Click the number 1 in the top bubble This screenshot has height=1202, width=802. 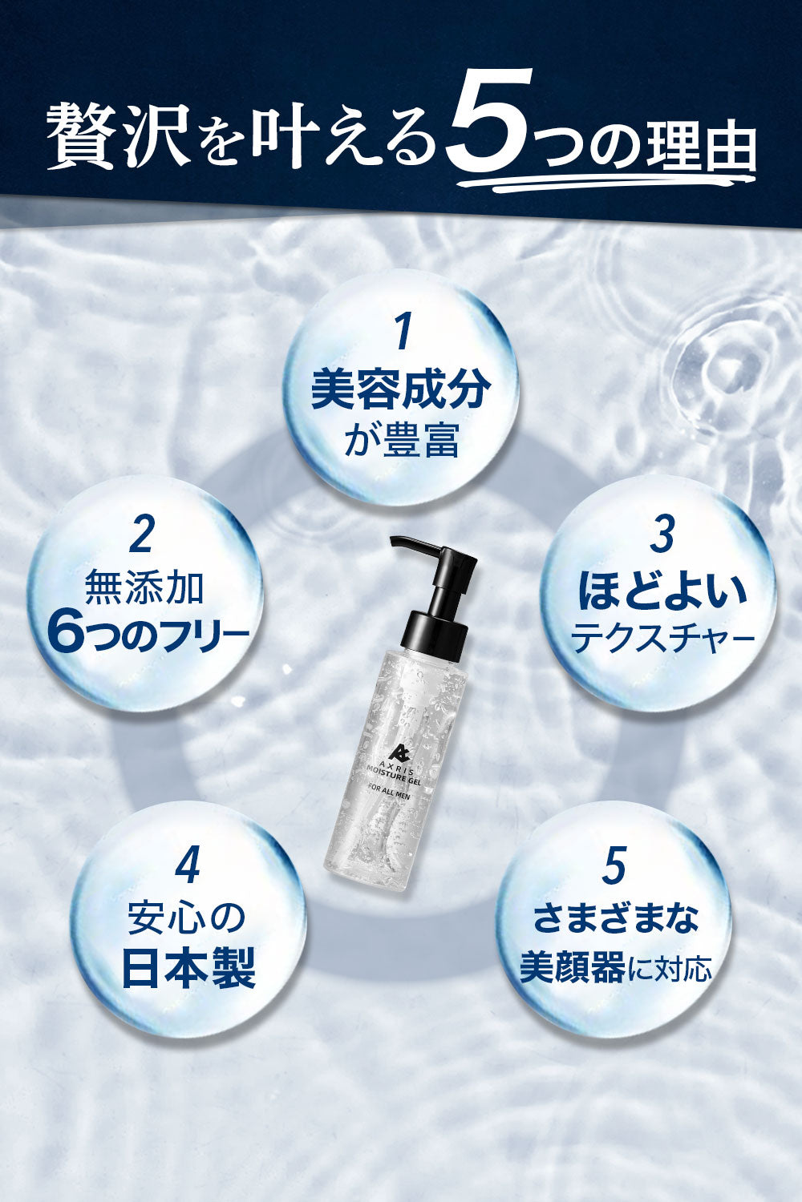tap(403, 333)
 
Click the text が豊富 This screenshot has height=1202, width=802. tap(401, 441)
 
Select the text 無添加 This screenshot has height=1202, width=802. tap(145, 587)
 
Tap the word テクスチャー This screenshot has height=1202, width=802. tap(662, 638)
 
